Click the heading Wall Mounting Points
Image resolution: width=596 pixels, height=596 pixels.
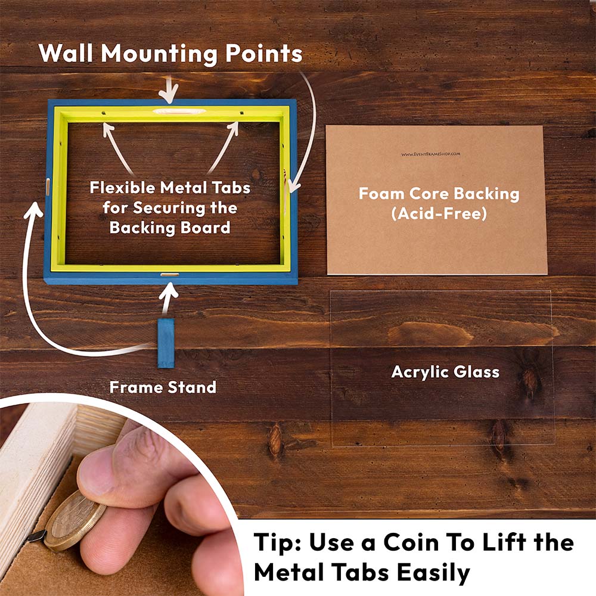[170, 53]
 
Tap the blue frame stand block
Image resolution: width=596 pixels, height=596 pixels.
[166, 343]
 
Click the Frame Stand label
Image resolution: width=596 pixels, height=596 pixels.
[163, 387]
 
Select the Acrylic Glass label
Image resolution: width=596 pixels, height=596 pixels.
[445, 372]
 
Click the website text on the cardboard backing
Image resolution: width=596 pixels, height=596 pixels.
[431, 154]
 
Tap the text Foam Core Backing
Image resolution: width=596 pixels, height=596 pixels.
[439, 194]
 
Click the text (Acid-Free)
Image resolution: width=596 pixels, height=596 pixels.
[439, 213]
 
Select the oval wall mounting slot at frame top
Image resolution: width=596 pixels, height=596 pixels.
[179, 111]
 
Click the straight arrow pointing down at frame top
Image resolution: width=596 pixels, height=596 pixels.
[169, 90]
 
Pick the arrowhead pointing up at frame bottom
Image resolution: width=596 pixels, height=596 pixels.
[169, 290]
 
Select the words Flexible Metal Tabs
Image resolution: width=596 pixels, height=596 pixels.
[170, 187]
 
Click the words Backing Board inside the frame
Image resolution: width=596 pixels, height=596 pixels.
[170, 228]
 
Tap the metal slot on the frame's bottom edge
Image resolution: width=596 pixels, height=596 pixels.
[169, 274]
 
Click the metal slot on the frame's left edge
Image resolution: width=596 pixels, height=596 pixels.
[48, 187]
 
